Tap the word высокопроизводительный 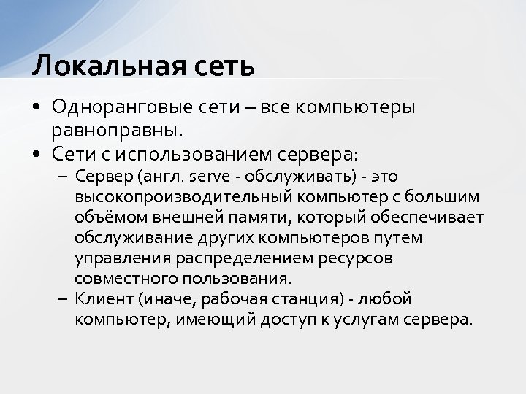[x=183, y=198]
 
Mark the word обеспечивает [x=438, y=218]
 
